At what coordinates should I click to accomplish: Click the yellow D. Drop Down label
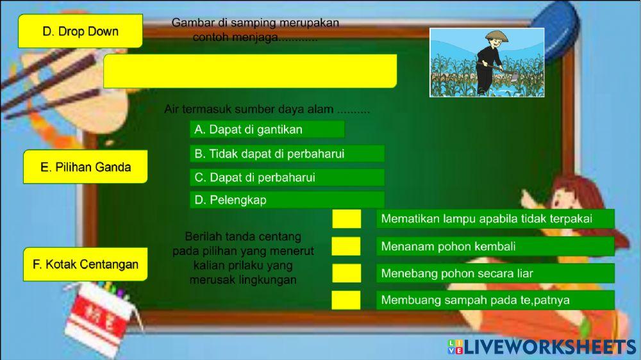click(80, 31)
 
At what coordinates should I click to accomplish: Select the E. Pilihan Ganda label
click(85, 167)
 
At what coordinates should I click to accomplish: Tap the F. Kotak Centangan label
click(85, 264)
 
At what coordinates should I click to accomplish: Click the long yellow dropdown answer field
click(250, 70)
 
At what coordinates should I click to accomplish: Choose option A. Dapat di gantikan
click(267, 129)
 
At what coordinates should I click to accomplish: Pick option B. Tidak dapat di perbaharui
click(287, 154)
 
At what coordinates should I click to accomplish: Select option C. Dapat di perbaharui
click(287, 177)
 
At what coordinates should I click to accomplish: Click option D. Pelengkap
click(287, 200)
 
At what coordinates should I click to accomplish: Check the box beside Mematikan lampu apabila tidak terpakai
click(346, 218)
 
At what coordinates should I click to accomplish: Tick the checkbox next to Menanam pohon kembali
click(346, 246)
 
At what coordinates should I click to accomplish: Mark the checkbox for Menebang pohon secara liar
click(346, 274)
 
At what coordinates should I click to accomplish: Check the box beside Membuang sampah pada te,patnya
click(346, 300)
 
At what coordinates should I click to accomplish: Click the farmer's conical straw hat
click(495, 36)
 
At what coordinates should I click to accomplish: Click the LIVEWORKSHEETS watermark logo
click(542, 347)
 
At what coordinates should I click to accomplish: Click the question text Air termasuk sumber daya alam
click(267, 110)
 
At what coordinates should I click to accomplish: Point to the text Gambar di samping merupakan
click(255, 23)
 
